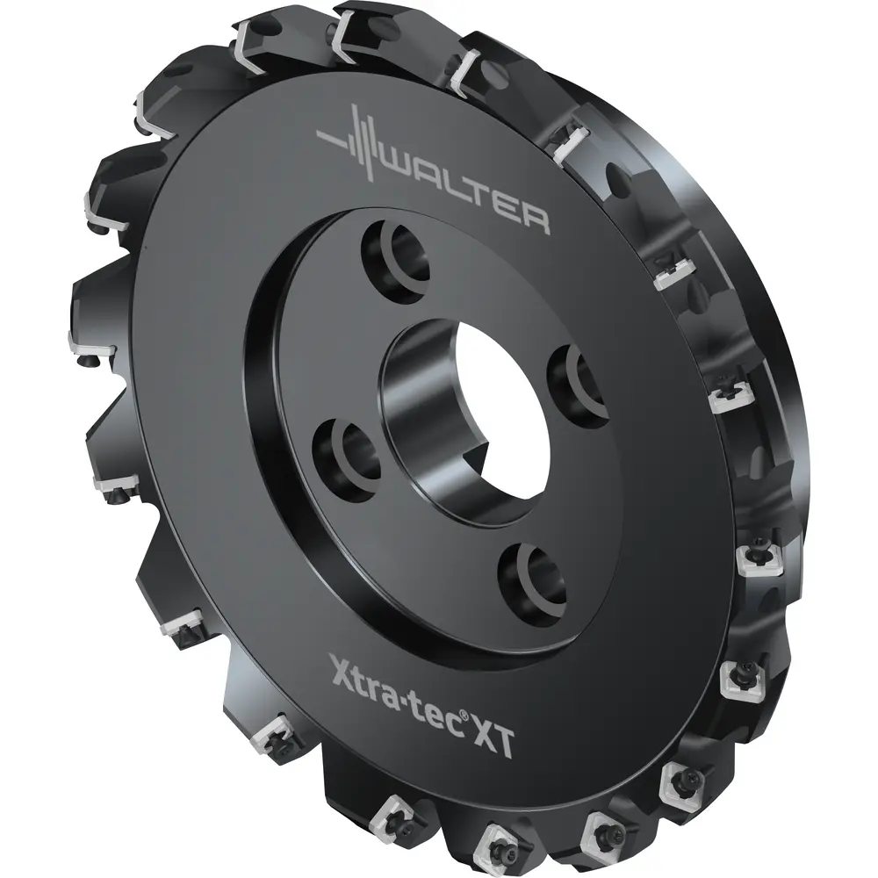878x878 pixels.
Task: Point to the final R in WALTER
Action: point(532,219)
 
